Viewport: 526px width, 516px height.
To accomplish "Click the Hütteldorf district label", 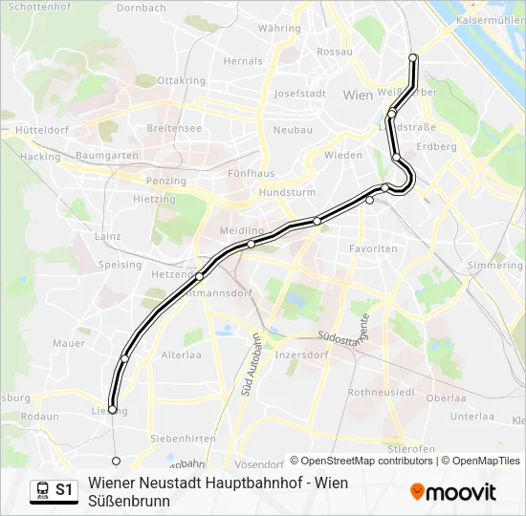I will point(38,129).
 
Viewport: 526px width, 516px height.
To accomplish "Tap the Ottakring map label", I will point(181,80).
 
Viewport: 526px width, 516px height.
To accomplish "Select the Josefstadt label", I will point(300,94).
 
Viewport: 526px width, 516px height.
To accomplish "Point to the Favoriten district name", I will point(373,248).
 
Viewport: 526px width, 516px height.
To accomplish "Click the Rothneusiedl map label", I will point(382,393).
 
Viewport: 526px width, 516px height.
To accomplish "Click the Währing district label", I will point(279,29).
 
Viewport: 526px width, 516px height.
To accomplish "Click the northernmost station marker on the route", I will point(413,58).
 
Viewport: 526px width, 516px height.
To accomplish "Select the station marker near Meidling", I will point(251,244).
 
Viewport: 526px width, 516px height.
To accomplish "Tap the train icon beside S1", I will point(42,490).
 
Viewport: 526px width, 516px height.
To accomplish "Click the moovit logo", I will point(453,492).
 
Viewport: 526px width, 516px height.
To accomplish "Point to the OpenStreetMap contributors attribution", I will point(362,461).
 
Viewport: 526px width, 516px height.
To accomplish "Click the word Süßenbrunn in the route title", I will point(129,501).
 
